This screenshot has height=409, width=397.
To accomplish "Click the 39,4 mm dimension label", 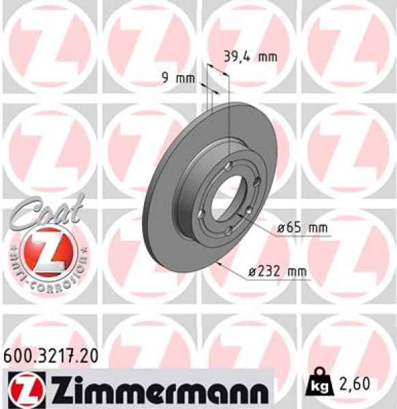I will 250,57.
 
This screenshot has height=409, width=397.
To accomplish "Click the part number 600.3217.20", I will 51,354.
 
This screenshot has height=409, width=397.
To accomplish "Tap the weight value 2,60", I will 355,384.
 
